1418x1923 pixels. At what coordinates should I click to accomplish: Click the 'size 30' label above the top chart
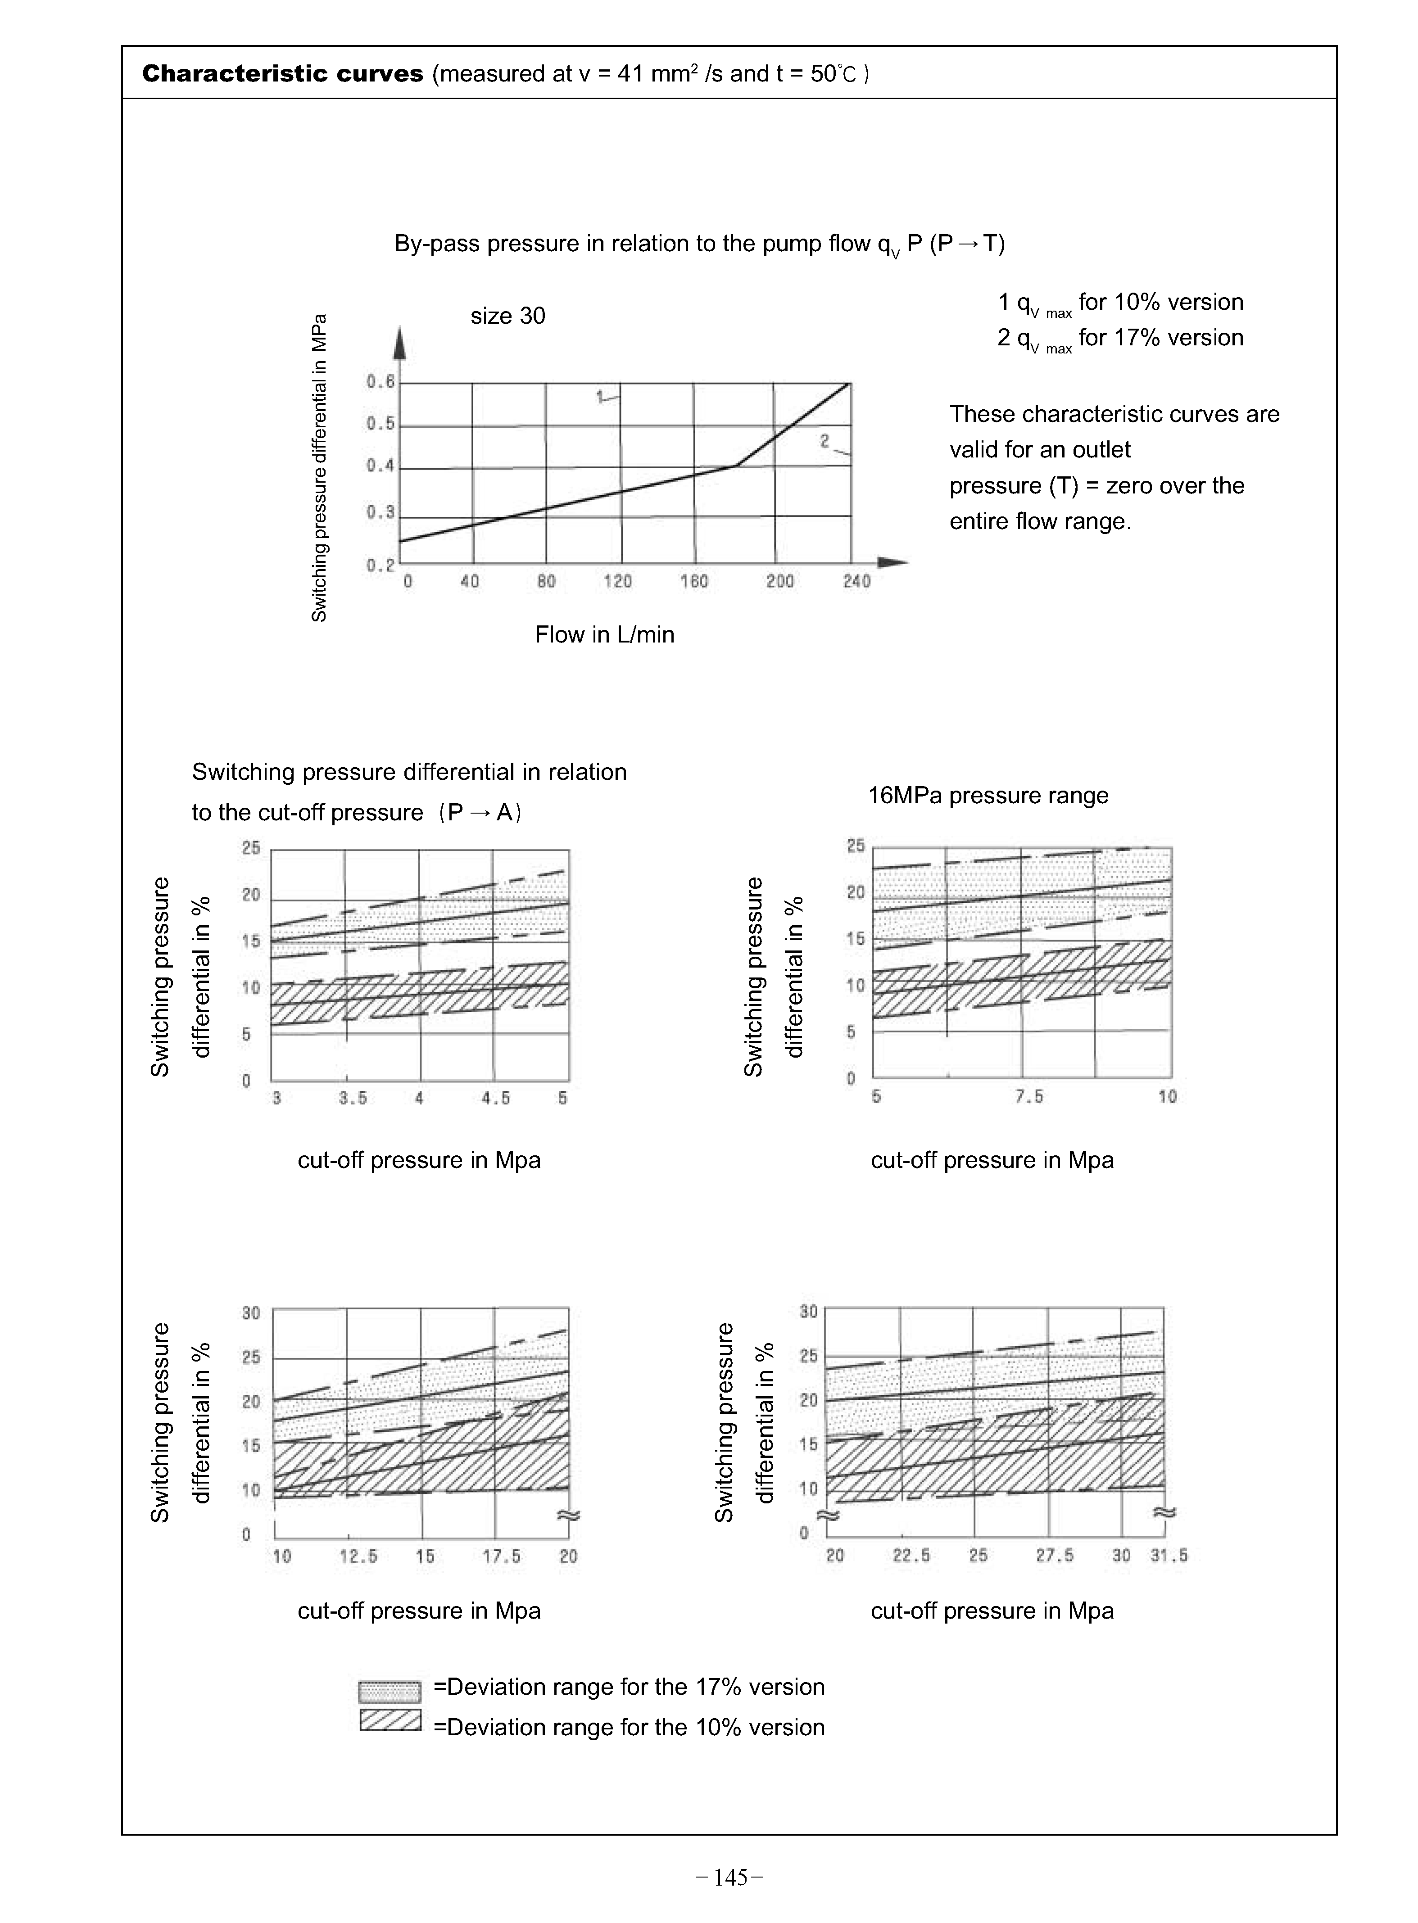click(507, 317)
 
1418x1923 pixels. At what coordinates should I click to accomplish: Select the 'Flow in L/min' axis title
click(604, 635)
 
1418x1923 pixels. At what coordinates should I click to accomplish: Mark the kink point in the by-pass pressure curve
click(736, 466)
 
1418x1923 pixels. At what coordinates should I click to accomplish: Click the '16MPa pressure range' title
click(988, 796)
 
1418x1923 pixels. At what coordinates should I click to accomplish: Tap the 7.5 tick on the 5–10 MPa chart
click(1028, 1097)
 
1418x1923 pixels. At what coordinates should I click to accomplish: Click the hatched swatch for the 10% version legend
click(390, 1720)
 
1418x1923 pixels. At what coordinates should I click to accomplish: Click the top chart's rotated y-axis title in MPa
click(319, 468)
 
